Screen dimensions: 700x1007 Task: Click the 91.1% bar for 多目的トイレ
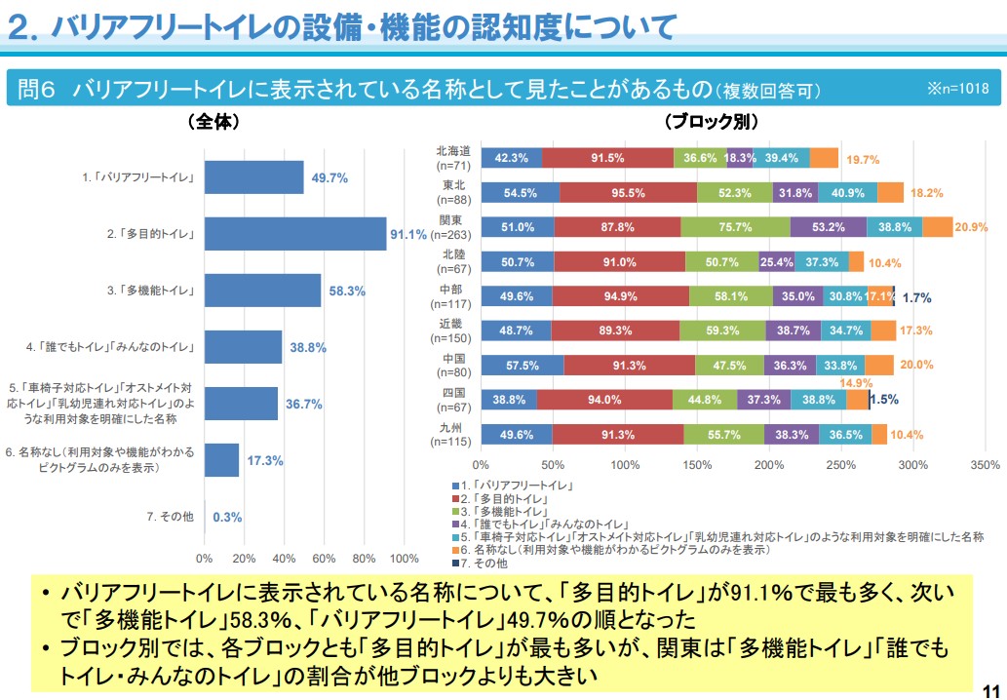pos(295,234)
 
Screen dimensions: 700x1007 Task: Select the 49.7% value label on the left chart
pos(329,178)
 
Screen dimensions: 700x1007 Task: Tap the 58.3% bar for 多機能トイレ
pos(262,291)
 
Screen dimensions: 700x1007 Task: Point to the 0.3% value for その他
pos(227,517)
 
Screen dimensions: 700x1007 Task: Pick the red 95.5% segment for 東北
pos(628,192)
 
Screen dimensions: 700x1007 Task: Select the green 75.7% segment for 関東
pos(735,227)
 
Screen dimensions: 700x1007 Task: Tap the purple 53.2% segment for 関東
pos(828,227)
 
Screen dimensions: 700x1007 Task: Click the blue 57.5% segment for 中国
pos(522,365)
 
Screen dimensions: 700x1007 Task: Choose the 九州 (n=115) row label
pos(453,434)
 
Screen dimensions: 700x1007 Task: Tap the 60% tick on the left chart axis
pos(324,559)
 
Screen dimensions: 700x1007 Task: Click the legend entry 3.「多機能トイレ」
pos(503,511)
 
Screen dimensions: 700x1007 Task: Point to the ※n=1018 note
pos(957,89)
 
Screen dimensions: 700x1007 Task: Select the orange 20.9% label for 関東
pos(971,227)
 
